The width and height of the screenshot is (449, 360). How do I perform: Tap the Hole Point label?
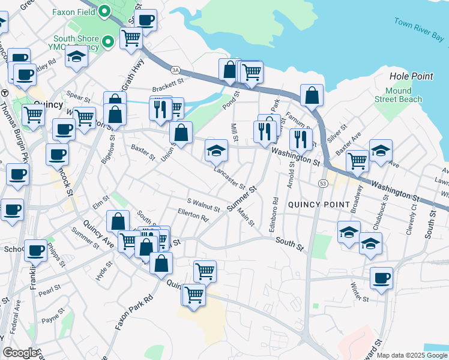(411, 76)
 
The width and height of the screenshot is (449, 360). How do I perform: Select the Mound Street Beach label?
(399, 95)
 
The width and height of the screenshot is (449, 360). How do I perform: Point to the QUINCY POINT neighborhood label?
(319, 205)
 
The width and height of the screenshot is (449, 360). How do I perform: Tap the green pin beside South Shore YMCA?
(108, 41)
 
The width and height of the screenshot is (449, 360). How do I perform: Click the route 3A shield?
(175, 70)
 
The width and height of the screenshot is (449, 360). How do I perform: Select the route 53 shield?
(323, 184)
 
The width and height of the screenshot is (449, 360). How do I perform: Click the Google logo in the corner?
(20, 353)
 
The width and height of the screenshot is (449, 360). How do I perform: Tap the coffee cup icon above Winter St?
(381, 278)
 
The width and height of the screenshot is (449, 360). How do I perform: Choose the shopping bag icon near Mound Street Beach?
(312, 95)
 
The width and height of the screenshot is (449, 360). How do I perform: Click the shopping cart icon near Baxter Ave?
(357, 160)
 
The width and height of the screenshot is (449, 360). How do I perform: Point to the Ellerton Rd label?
(193, 215)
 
